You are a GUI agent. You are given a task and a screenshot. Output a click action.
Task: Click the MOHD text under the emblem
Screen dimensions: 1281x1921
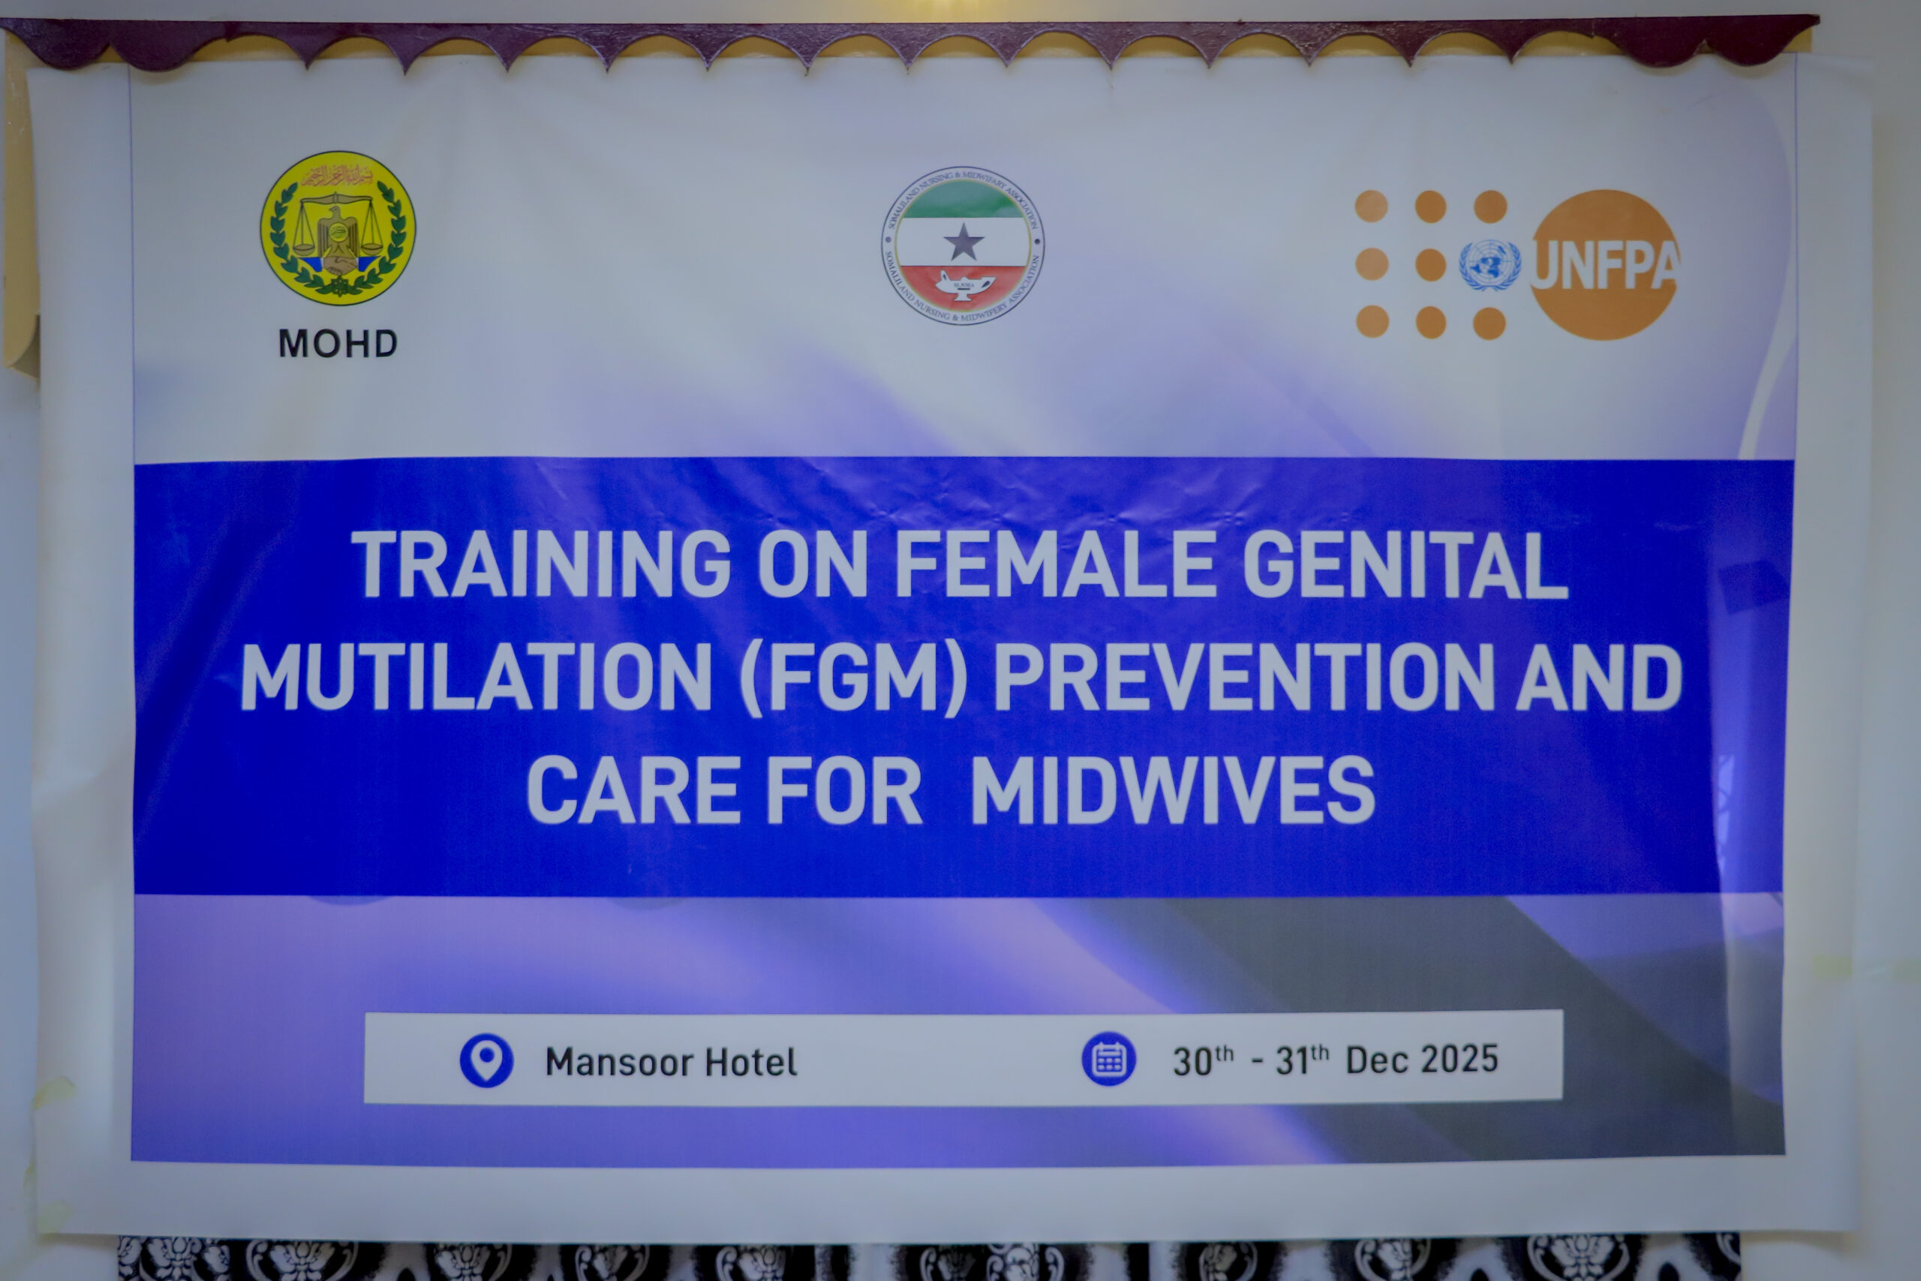pyautogui.click(x=338, y=344)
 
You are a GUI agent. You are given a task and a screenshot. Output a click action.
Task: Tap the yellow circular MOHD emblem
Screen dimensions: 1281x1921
pyautogui.click(x=338, y=228)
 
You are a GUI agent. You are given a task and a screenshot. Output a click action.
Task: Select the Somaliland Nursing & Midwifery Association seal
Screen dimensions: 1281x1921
pyautogui.click(x=962, y=245)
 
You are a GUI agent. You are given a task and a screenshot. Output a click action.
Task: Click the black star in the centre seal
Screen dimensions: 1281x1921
pyautogui.click(x=963, y=242)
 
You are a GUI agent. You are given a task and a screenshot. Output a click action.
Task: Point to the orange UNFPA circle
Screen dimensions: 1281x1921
pyautogui.click(x=1604, y=265)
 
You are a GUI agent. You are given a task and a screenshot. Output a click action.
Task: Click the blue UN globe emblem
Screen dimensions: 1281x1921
pyautogui.click(x=1490, y=265)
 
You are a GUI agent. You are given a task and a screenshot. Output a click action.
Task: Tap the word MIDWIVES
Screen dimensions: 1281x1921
pyautogui.click(x=1173, y=790)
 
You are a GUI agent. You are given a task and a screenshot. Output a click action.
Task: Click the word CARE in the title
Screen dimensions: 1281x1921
pyautogui.click(x=634, y=790)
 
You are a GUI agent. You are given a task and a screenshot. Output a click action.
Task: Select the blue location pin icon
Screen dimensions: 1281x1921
pyautogui.click(x=486, y=1060)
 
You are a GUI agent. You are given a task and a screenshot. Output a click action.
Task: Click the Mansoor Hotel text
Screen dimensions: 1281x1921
pyautogui.click(x=671, y=1062)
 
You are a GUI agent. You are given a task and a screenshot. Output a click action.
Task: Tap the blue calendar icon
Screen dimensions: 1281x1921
pyautogui.click(x=1108, y=1060)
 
